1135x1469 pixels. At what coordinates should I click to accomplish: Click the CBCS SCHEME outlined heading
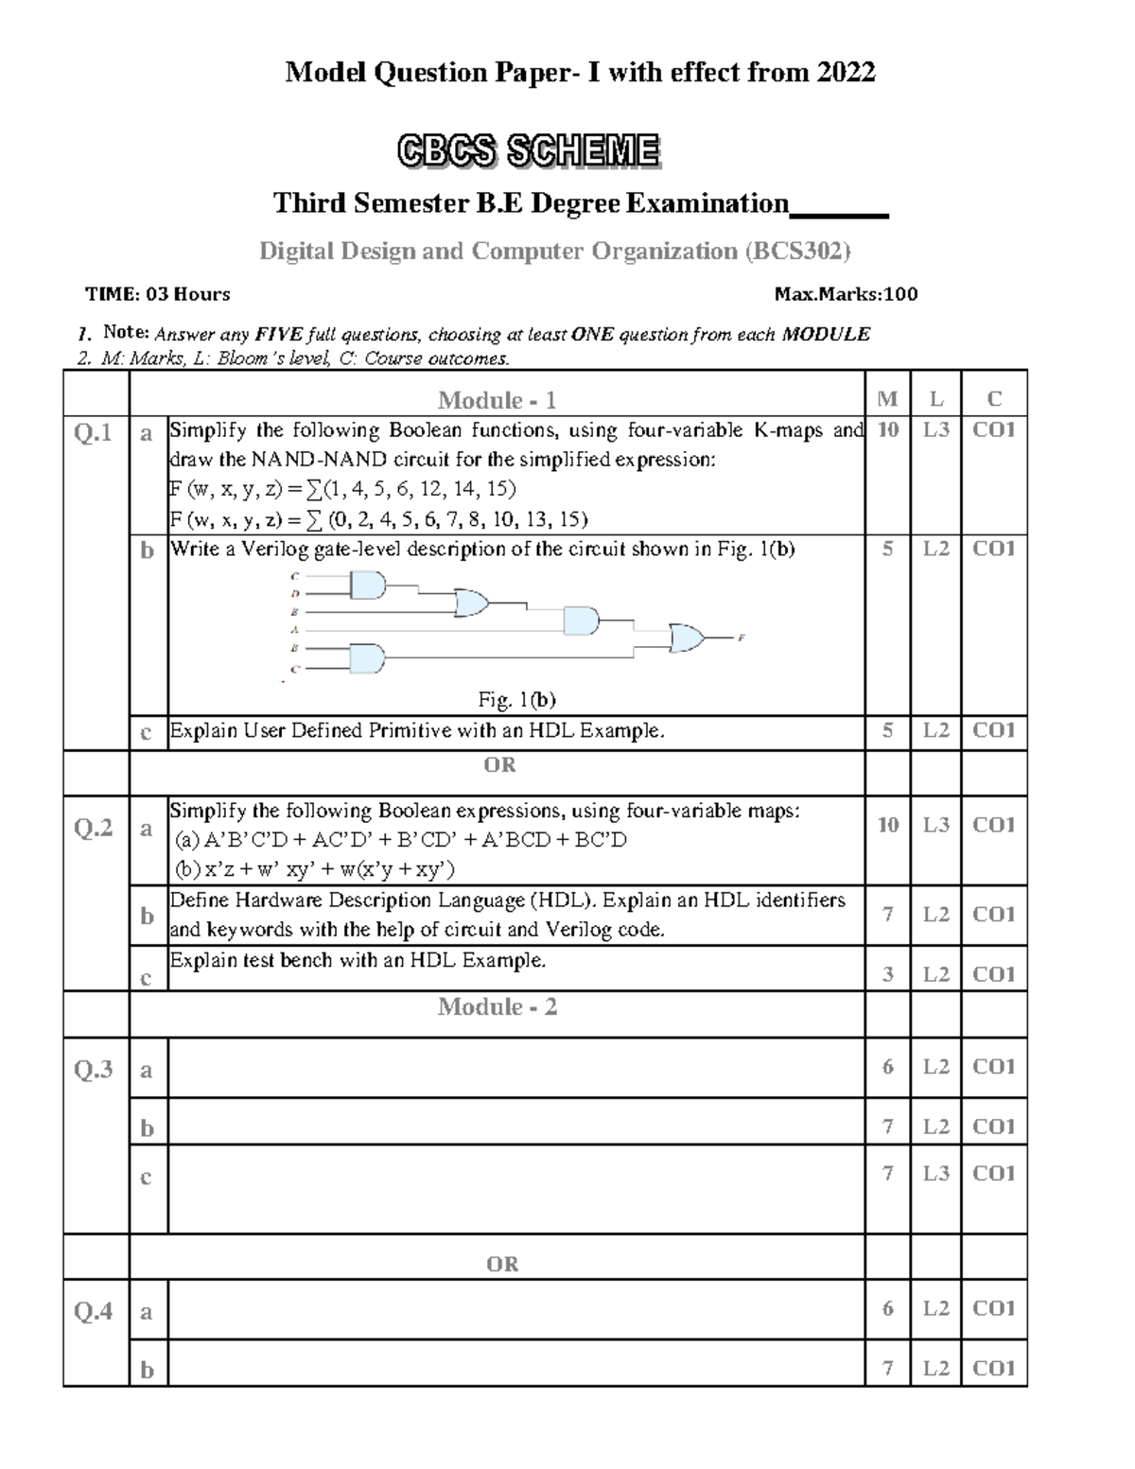tap(528, 151)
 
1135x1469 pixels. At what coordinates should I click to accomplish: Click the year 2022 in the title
tap(847, 72)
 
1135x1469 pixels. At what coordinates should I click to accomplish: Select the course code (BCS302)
tap(797, 251)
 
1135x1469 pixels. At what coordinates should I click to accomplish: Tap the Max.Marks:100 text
tap(846, 294)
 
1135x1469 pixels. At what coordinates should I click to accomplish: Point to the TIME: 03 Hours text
tap(158, 294)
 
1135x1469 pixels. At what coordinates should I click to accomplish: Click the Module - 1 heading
tap(497, 400)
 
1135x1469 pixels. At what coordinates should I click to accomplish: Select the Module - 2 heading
tap(497, 1007)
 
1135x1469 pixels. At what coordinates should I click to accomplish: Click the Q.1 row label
tap(94, 433)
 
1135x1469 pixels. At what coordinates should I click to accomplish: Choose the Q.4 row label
tap(94, 1311)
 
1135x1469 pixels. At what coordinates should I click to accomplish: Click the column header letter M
tap(887, 400)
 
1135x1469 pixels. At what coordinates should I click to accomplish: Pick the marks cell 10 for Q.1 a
tap(887, 430)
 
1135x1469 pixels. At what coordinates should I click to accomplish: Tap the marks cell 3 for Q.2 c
tap(887, 974)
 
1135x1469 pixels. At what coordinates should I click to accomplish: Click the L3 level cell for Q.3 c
tap(935, 1173)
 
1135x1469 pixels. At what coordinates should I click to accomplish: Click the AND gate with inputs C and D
tap(368, 586)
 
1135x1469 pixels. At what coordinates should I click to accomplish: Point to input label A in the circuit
tap(295, 629)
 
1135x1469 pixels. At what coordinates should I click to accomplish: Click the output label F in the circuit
tap(742, 638)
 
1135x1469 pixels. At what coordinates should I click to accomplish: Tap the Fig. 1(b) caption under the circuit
tap(516, 700)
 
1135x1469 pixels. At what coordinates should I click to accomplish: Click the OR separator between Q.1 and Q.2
tap(499, 764)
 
